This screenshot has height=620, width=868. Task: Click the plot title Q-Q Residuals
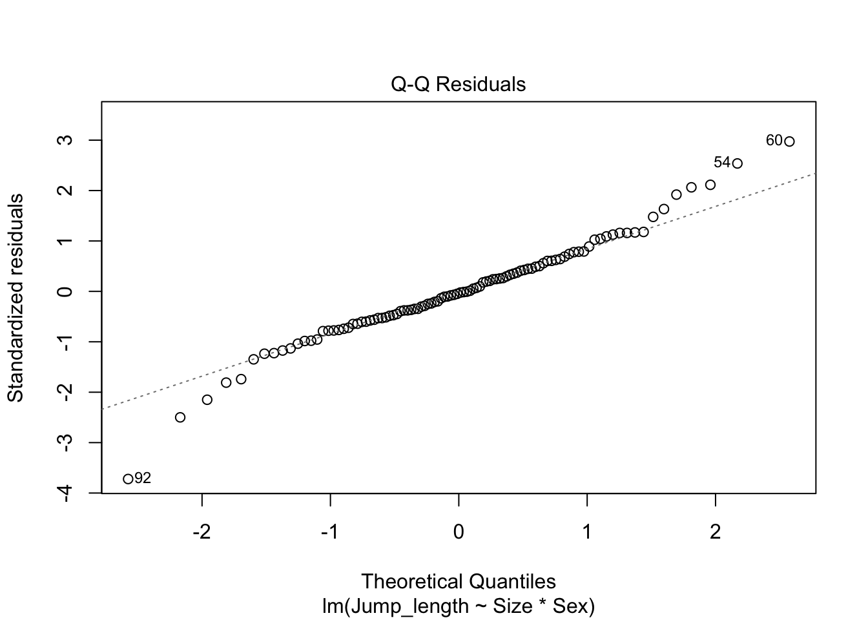tap(459, 85)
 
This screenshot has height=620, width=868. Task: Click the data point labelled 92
tap(128, 479)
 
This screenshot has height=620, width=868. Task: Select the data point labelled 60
tap(789, 141)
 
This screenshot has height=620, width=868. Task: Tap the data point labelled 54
tap(738, 163)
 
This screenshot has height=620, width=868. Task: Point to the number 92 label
tap(143, 479)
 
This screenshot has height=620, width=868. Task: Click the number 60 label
tap(774, 140)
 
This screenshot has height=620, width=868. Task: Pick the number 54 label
tap(722, 162)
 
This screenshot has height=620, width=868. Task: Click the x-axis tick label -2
tap(202, 533)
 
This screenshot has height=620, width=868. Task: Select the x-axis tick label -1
tap(330, 533)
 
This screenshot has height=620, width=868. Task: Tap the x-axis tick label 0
tap(459, 533)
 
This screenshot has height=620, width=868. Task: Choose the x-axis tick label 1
tap(587, 533)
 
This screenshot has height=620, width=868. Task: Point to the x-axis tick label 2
tap(715, 533)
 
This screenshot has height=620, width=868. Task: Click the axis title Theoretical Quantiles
tap(459, 582)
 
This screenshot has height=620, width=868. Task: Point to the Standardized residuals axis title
tap(15, 297)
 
